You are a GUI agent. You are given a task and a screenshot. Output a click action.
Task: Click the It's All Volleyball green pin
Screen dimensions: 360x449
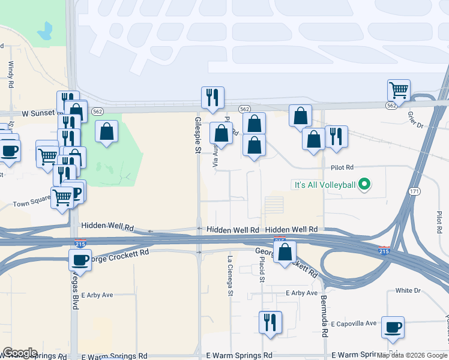pos(363,185)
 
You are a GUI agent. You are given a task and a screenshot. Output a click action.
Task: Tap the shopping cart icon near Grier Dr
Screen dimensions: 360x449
pos(399,91)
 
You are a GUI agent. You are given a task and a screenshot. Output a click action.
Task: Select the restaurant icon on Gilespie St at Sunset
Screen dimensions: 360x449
pos(212,97)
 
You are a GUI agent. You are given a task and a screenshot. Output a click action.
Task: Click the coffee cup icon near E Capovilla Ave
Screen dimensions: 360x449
pos(393,328)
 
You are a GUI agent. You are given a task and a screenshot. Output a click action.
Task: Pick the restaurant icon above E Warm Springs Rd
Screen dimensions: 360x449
pos(270,322)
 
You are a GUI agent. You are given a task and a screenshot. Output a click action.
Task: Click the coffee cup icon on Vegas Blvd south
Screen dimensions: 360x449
pos(80,260)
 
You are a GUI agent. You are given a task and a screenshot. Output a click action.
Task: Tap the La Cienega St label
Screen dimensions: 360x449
pos(230,276)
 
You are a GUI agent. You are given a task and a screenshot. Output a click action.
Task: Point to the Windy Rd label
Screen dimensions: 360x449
pos(10,75)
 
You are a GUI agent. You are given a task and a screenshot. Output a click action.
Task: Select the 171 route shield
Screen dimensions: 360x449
pos(414,191)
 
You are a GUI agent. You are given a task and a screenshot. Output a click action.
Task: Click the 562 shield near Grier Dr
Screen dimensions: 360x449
pos(391,105)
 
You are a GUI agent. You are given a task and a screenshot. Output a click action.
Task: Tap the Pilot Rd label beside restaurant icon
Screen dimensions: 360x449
pos(342,168)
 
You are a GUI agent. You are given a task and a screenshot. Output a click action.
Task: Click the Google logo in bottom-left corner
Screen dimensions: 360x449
pos(20,353)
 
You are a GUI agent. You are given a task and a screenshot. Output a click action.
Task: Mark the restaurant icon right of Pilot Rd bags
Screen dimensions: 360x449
pos(336,136)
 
